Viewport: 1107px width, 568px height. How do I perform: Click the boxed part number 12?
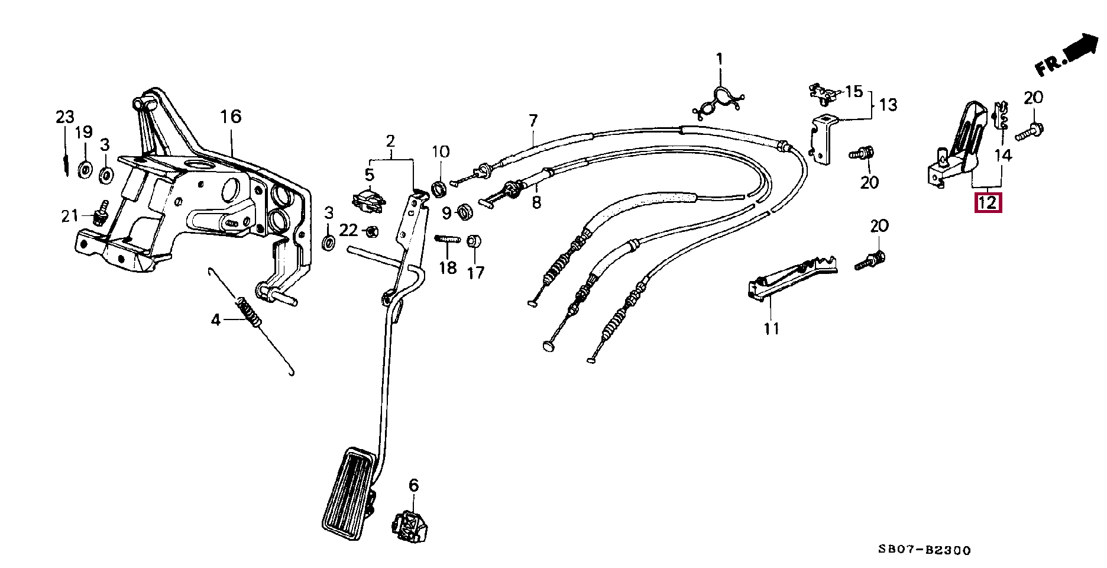988,203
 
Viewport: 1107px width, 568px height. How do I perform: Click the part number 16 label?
231,117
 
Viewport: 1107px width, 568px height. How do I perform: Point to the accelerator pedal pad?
349,496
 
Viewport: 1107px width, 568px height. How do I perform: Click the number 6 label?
413,486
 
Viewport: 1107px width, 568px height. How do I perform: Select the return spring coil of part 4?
250,312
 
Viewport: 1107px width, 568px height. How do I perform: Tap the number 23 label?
65,117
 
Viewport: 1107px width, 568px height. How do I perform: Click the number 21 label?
70,216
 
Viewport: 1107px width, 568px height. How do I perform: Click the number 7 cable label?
533,121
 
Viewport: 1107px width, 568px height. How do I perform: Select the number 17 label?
475,272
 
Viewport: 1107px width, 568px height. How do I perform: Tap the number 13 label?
888,105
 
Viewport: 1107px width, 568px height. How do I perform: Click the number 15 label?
854,92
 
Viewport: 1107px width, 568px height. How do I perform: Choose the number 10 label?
441,151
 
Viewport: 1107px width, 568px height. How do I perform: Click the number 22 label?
349,229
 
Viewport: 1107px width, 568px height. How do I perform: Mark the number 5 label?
370,175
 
